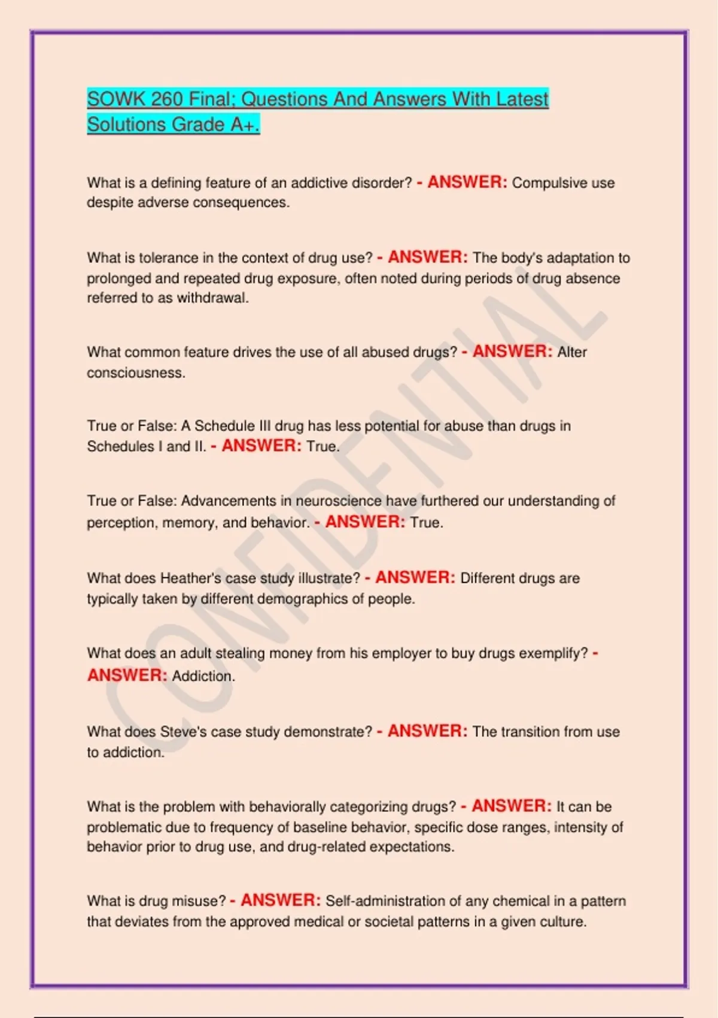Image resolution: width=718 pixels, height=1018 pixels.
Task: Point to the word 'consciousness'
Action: tap(136, 372)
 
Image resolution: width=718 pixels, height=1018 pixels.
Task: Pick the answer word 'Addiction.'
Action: tap(203, 676)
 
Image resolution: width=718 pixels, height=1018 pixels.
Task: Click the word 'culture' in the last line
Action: tap(562, 921)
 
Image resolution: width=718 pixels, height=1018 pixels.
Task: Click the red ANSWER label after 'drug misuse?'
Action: tap(281, 900)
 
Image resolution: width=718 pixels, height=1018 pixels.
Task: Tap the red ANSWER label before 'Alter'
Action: tap(512, 352)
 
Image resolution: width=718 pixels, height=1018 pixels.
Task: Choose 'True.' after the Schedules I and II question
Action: tap(323, 446)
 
